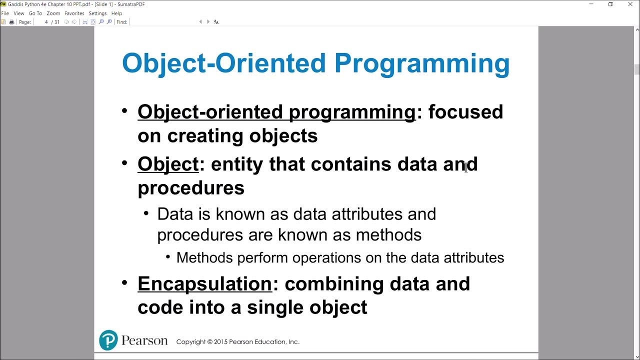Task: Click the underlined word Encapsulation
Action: [204, 283]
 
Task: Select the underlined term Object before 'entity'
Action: [168, 164]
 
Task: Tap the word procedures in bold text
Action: [191, 188]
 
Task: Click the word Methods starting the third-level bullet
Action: [204, 257]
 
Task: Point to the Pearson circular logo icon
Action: [108, 340]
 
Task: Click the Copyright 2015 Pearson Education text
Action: [237, 342]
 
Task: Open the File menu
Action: [5, 13]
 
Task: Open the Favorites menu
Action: [74, 13]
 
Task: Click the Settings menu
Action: [97, 13]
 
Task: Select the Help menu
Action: [116, 13]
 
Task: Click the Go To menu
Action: [35, 13]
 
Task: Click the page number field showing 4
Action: [46, 22]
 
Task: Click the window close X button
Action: [630, 4]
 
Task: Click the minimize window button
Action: [591, 4]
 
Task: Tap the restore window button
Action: [610, 4]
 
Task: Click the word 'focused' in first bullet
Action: [465, 112]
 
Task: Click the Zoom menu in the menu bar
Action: [53, 13]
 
